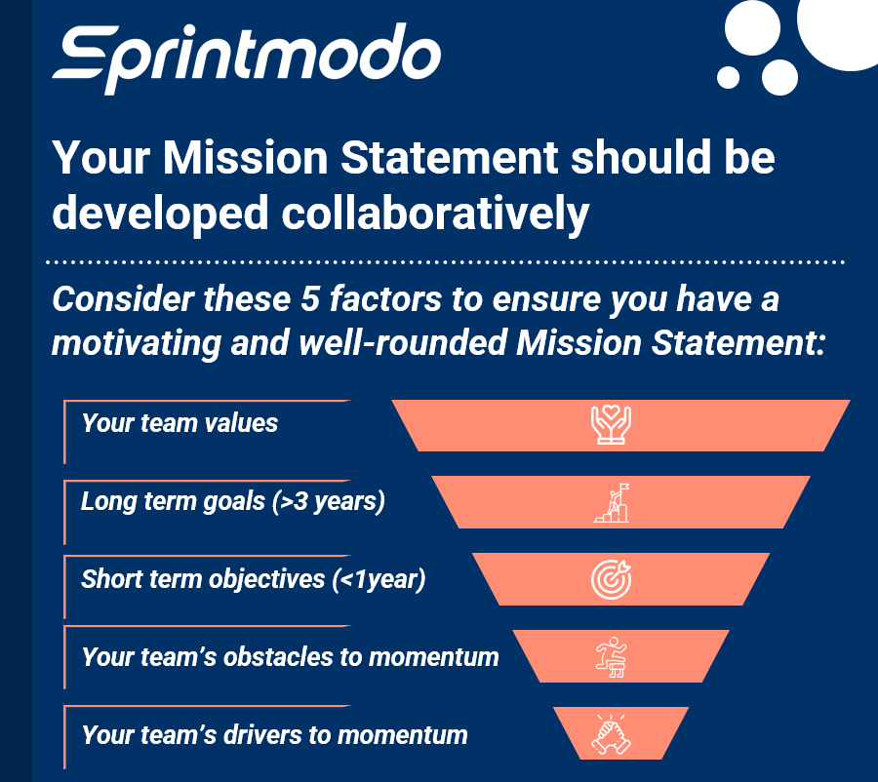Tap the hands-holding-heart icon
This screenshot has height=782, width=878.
612,426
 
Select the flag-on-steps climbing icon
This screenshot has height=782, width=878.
612,503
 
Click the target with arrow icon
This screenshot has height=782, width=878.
612,580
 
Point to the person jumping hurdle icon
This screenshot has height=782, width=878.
612,656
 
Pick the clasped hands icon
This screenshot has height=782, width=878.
612,734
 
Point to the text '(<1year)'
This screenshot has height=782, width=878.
380,578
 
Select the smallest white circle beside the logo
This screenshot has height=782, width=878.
728,77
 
